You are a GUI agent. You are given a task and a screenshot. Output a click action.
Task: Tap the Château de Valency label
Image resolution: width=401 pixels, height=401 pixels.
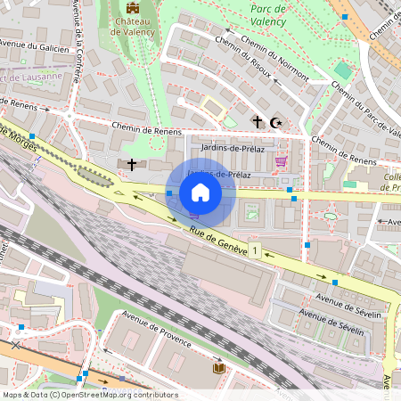click(133, 26)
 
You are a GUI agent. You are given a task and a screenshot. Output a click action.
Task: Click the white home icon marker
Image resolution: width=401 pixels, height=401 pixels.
click(200, 192)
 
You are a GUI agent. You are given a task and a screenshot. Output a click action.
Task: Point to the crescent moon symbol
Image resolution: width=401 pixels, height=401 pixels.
click(275, 120)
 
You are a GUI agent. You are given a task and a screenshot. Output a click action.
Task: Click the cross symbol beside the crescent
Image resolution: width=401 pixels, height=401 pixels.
click(258, 120)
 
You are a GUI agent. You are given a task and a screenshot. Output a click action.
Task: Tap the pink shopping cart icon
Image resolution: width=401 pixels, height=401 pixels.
click(282, 161)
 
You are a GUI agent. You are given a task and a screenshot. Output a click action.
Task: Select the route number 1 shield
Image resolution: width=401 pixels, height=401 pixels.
click(256, 252)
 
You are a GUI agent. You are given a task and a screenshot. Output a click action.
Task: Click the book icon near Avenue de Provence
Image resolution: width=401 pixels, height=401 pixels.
click(218, 367)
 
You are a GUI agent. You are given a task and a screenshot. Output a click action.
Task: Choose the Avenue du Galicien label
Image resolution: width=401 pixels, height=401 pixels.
click(34, 45)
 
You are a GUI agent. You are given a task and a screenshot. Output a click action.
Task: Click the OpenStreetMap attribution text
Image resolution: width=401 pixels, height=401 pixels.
click(90, 395)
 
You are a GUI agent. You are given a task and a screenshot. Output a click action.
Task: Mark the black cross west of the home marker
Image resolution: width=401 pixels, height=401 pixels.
click(132, 165)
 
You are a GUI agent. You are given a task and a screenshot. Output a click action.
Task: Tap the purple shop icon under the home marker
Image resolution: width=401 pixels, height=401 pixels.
click(194, 215)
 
